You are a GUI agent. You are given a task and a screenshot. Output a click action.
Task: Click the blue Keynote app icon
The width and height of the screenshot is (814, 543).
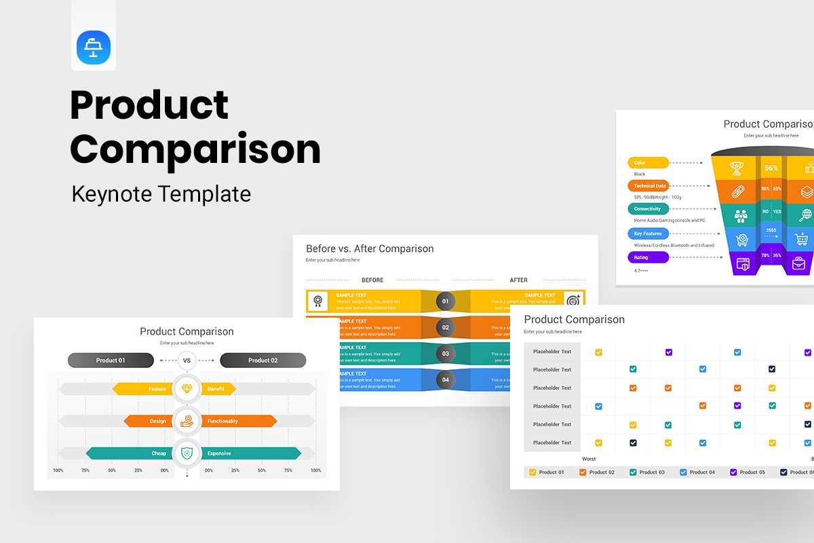coord(94,48)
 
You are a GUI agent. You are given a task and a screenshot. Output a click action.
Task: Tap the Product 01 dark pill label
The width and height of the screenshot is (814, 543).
coord(111,360)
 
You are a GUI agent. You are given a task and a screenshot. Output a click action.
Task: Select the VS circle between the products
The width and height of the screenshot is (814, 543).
coord(187,360)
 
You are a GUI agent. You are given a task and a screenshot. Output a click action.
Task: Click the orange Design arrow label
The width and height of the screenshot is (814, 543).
coord(157,422)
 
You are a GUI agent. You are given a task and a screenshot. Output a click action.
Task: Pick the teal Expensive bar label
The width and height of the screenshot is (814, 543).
coord(219,453)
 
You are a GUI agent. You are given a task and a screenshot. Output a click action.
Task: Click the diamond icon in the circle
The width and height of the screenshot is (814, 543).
coord(187,390)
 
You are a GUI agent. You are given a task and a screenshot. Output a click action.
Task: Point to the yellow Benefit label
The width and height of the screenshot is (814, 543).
coord(216,390)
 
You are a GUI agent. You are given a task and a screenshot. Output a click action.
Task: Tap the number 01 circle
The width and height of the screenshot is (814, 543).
coord(446,301)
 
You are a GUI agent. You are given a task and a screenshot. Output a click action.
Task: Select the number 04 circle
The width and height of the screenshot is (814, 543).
coord(446,380)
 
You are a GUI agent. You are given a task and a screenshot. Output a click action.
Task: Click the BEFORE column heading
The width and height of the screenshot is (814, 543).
coord(372,280)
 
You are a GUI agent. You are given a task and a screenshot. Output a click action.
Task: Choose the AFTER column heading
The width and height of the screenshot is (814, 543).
coord(519,280)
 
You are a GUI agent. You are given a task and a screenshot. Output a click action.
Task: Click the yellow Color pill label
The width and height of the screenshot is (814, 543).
coord(648,163)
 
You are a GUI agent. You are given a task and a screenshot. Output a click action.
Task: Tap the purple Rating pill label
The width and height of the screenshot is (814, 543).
coord(648,258)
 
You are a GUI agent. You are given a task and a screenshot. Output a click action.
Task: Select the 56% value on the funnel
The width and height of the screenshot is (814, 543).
coord(771,168)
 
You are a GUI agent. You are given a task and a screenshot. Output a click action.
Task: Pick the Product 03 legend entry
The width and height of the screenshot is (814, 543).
coord(648,472)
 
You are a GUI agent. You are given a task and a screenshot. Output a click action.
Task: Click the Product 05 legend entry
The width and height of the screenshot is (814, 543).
coord(748,472)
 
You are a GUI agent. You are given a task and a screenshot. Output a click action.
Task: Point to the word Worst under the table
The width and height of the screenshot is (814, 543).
coord(589,459)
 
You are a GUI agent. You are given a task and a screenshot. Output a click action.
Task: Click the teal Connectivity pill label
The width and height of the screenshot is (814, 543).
coord(648,209)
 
